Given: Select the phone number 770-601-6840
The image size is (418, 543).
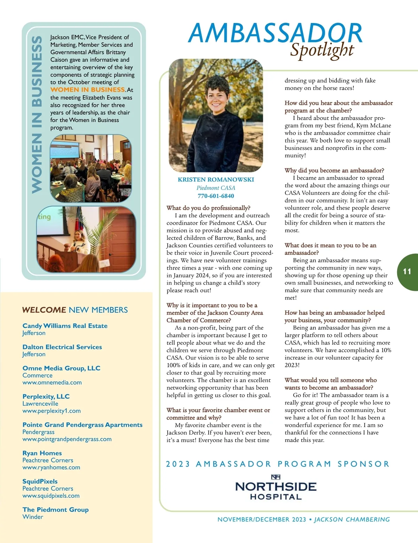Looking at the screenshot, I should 216,196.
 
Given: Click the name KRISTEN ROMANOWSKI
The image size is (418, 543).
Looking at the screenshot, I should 216,179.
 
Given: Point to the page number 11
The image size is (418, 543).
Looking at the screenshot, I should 407,271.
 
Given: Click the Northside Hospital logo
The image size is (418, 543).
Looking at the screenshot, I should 276,487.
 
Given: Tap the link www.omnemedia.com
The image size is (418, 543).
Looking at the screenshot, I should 52,382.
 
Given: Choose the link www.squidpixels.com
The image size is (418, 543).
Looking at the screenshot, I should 51,496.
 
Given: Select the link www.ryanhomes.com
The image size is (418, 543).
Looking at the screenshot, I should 51,467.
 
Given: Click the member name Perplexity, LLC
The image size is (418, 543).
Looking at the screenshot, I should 46,396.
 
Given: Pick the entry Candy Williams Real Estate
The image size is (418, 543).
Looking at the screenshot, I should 65,326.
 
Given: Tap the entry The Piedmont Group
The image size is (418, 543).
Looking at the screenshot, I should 55,510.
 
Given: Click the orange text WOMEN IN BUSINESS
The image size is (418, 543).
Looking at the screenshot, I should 87,90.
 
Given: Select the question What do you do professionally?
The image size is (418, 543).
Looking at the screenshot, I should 208,208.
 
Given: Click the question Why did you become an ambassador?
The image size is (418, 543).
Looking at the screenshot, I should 334,170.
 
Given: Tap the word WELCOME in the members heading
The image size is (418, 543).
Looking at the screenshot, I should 44,310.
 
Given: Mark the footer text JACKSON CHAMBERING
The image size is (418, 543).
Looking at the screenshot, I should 352,519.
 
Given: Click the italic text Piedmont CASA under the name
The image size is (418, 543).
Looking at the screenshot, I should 216,188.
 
